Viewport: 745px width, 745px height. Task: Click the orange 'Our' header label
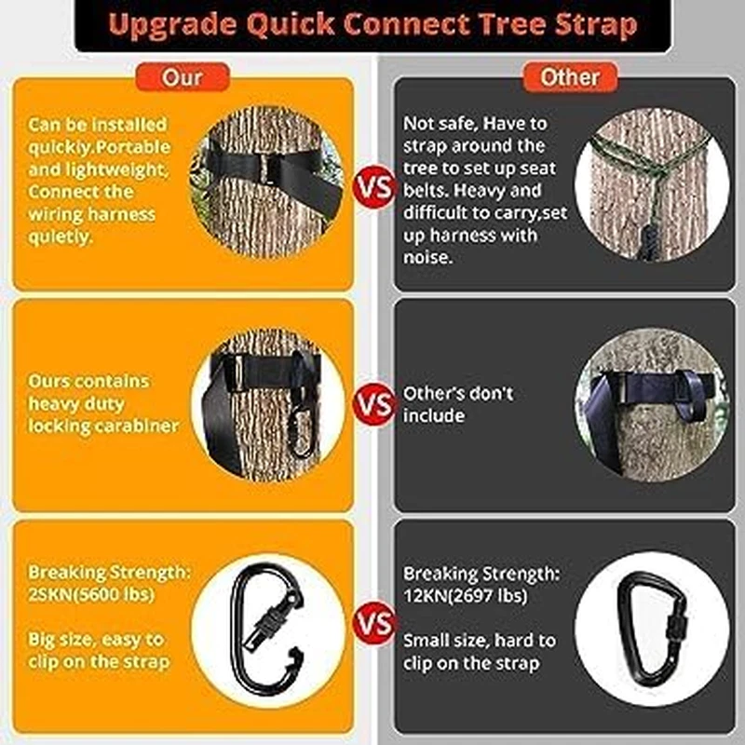click(x=182, y=75)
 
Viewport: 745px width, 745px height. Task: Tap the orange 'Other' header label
click(x=569, y=76)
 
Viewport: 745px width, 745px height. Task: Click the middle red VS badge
click(x=374, y=405)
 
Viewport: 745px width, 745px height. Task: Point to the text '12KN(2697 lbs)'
click(x=465, y=592)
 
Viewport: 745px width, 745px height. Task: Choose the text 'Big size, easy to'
click(x=97, y=640)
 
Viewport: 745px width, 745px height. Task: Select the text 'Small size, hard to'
click(x=479, y=640)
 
